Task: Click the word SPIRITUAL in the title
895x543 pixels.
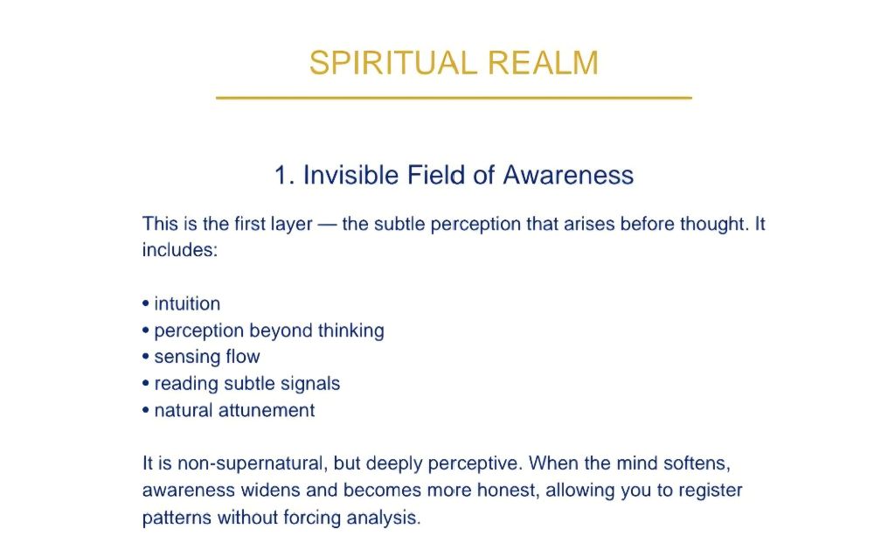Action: (x=392, y=63)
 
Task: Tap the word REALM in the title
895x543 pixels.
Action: (x=543, y=63)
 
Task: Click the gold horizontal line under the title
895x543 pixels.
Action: (x=454, y=98)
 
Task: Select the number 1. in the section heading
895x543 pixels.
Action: (x=284, y=175)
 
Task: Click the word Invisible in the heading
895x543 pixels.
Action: (x=350, y=175)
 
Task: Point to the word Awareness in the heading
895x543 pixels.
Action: (x=568, y=175)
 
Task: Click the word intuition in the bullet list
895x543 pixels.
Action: (x=187, y=303)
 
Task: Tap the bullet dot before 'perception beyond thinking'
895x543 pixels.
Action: (x=146, y=331)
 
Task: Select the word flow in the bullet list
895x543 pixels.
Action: (x=243, y=357)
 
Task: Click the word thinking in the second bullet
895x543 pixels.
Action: (x=351, y=331)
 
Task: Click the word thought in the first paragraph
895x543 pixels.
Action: (x=714, y=224)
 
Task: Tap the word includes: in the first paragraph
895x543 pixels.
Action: (x=180, y=250)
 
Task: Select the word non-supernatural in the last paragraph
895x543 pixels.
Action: (x=253, y=463)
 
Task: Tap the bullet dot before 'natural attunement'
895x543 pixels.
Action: (x=146, y=411)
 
